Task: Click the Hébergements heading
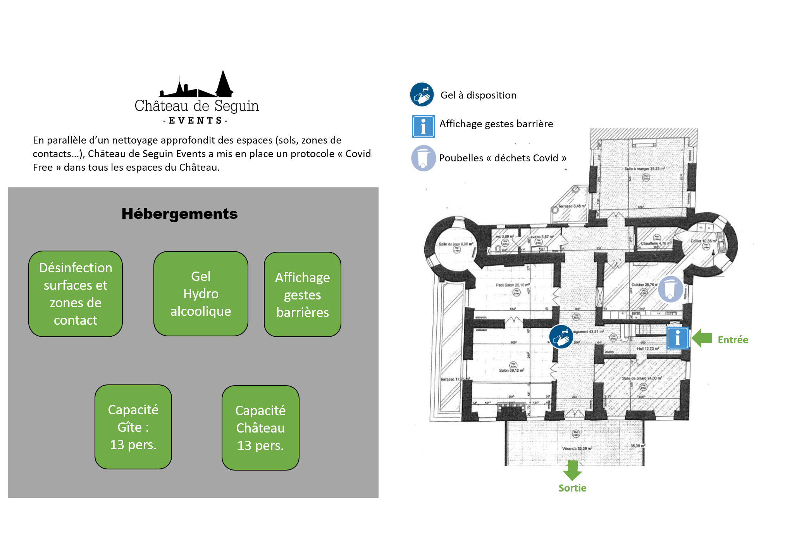point(179,214)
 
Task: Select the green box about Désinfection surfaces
point(76,294)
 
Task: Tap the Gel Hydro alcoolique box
point(201,294)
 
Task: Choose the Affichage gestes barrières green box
point(302,294)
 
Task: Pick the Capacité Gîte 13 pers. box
point(133,427)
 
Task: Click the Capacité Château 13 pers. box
point(260,427)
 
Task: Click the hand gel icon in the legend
point(422,94)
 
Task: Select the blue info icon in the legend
point(423,126)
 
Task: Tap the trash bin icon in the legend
point(423,158)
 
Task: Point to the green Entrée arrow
point(702,338)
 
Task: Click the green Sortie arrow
point(572,470)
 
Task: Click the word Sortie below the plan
point(572,488)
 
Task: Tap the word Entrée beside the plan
point(733,340)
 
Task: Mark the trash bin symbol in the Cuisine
point(670,289)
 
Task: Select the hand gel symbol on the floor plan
point(561,337)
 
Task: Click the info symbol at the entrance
point(677,338)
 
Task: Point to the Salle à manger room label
point(644,169)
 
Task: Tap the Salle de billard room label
point(642,378)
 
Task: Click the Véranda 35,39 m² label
point(577,448)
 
